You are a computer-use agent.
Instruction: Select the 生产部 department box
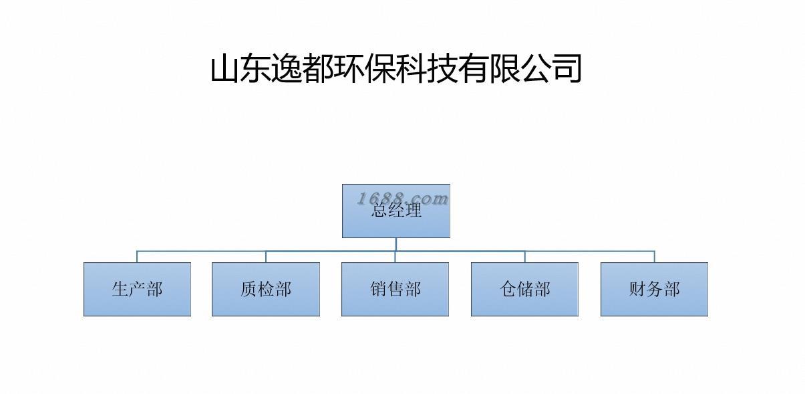click(x=137, y=289)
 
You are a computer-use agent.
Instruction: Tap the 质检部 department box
click(x=266, y=289)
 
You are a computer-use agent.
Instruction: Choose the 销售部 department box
click(x=395, y=289)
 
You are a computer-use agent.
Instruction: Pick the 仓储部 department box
click(x=524, y=289)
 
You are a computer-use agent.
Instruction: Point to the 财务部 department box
click(x=654, y=289)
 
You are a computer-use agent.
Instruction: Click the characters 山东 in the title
click(x=242, y=69)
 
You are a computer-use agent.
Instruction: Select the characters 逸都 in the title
click(x=303, y=69)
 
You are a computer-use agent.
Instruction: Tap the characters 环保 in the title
click(x=365, y=69)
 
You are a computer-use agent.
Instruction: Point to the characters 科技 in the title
click(x=428, y=69)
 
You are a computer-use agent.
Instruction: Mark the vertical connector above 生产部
click(x=137, y=257)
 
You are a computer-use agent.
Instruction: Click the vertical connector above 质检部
click(x=266, y=257)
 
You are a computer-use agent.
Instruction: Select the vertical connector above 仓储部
click(x=525, y=257)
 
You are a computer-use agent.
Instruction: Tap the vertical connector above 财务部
click(x=655, y=257)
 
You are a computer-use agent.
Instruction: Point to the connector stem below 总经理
click(x=396, y=244)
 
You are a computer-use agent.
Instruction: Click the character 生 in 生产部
click(x=120, y=289)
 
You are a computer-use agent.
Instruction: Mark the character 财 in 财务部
click(x=637, y=289)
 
